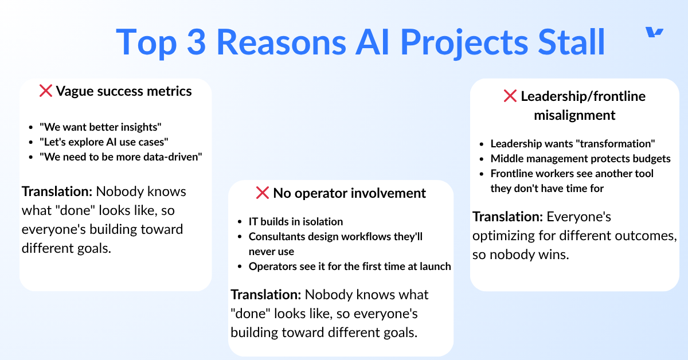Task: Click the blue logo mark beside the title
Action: pyautogui.click(x=654, y=32)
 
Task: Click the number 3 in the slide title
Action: pyautogui.click(x=196, y=42)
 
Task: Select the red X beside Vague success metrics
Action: pyautogui.click(x=46, y=91)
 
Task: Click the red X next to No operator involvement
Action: pyautogui.click(x=263, y=193)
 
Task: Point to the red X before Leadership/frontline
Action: pyautogui.click(x=510, y=96)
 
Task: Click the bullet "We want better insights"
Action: pyautogui.click(x=100, y=127)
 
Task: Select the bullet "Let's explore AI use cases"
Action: pyautogui.click(x=104, y=142)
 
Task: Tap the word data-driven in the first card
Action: pyautogui.click(x=173, y=156)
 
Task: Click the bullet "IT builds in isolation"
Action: pyautogui.click(x=296, y=221)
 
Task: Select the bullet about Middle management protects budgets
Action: pyautogui.click(x=580, y=158)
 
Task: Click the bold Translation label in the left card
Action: pyautogui.click(x=57, y=191)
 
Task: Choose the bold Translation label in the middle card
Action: pyautogui.click(x=266, y=295)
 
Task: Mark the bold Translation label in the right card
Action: pyautogui.click(x=508, y=217)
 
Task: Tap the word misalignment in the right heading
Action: pyautogui.click(x=574, y=115)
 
